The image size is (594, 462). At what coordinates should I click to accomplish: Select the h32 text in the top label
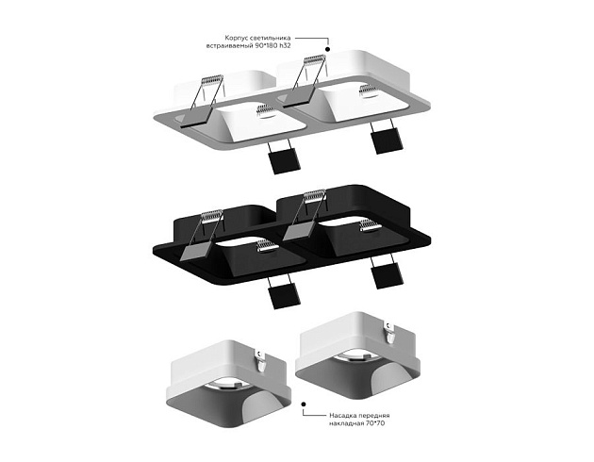coord(307,45)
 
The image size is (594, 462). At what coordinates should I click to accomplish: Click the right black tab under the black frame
coord(385,275)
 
